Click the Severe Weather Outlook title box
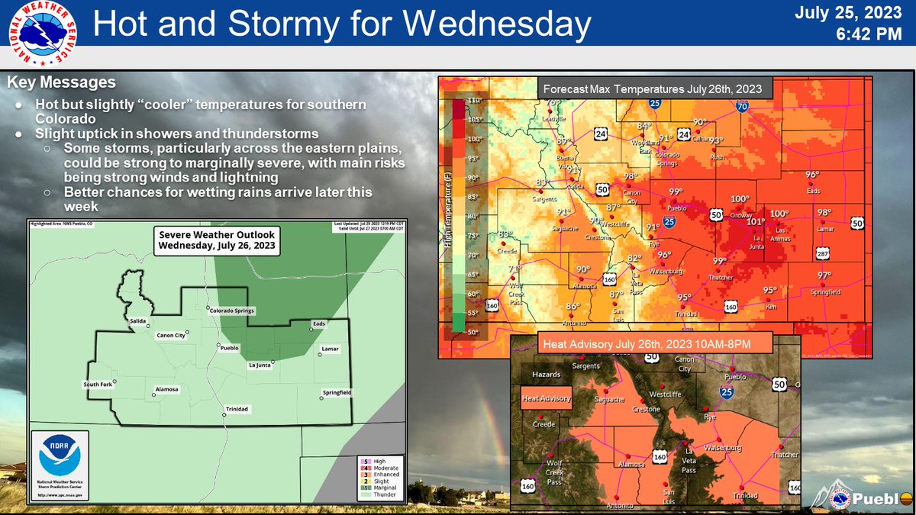point(216,240)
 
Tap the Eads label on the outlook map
point(318,323)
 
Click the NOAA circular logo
point(60,457)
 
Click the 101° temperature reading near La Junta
point(755,222)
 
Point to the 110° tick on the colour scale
point(474,101)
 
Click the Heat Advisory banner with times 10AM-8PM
point(647,344)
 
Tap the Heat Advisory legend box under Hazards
point(545,398)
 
